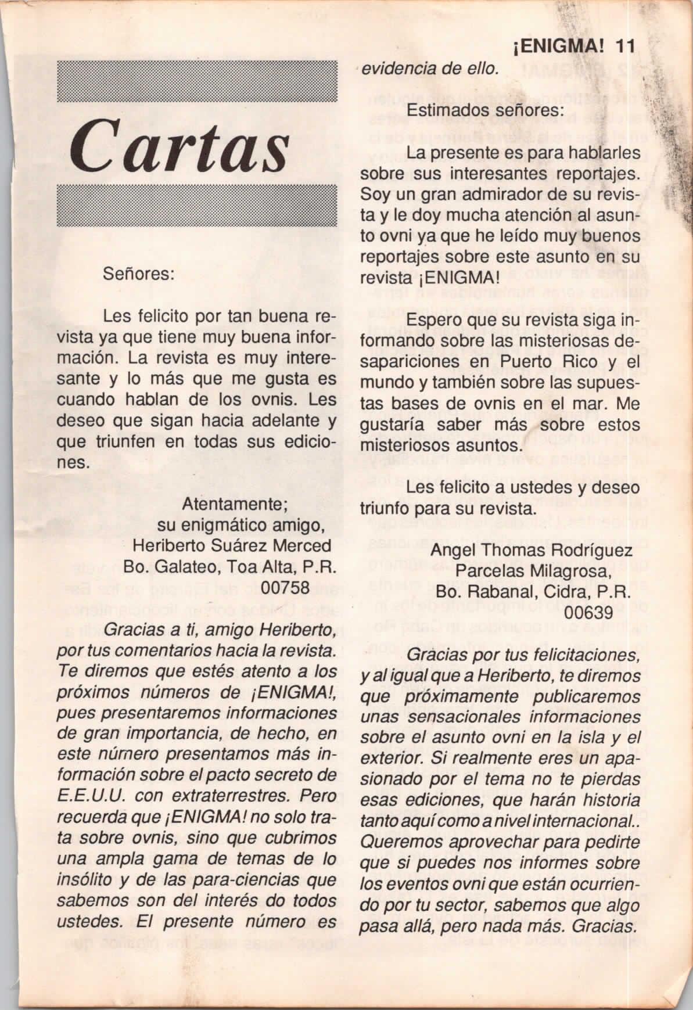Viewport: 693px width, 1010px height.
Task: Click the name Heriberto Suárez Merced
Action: tap(232, 546)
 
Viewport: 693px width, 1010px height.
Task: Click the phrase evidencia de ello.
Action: tap(430, 69)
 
